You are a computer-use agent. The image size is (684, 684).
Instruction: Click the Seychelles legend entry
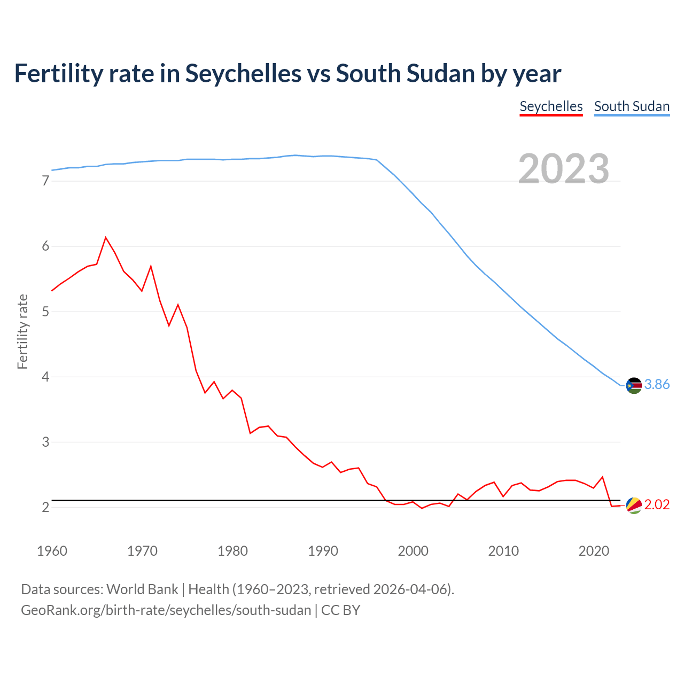click(551, 106)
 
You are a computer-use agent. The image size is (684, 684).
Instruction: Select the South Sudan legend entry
click(632, 106)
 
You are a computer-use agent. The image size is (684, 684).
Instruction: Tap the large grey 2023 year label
click(564, 169)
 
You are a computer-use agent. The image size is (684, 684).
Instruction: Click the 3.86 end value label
click(657, 385)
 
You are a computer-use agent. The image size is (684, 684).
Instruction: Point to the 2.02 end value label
click(657, 505)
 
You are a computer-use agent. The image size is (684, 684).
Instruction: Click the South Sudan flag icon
click(634, 385)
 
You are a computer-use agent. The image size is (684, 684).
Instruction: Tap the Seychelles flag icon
click(634, 505)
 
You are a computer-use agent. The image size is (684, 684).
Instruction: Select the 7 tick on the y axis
click(45, 181)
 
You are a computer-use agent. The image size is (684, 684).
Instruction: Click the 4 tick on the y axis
click(45, 377)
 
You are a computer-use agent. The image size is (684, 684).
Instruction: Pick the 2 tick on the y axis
click(45, 507)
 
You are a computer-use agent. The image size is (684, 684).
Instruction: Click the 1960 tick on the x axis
click(52, 551)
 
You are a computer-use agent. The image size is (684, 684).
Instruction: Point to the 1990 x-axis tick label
click(323, 551)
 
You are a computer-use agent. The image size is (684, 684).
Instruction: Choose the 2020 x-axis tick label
click(594, 551)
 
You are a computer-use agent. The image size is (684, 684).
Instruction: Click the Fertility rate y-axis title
click(22, 331)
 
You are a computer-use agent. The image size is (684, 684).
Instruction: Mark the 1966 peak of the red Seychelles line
click(106, 237)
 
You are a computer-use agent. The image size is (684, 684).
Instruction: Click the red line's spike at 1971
click(151, 266)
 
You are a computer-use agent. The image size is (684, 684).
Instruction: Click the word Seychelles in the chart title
click(243, 74)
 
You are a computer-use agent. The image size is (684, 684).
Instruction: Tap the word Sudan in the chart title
click(440, 74)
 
